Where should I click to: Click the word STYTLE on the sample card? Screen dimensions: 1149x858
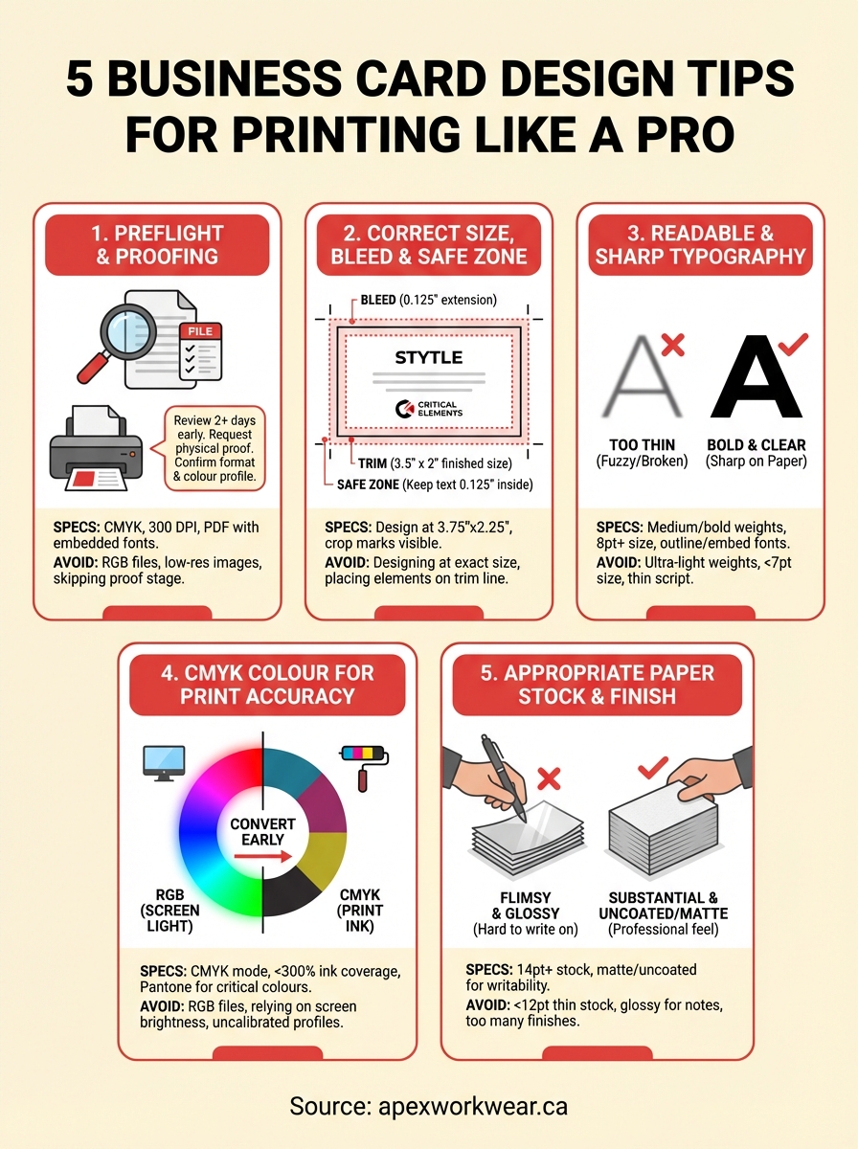click(x=428, y=357)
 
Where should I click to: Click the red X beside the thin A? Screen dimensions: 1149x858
click(x=672, y=344)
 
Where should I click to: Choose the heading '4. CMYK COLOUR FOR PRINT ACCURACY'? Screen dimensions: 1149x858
click(x=267, y=684)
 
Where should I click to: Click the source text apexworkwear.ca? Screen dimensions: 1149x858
click(x=428, y=1107)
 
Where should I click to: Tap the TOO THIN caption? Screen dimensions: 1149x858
click(x=642, y=445)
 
